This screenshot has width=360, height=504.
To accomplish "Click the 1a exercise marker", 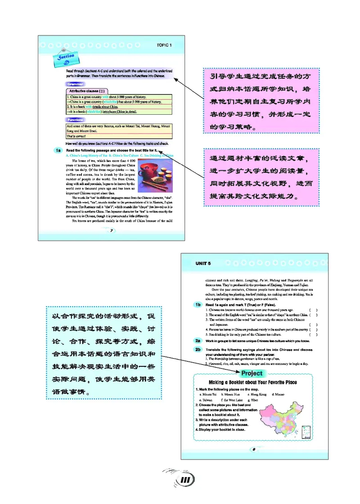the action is pos(58,150).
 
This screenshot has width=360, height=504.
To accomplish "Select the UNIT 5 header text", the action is pos(203,263).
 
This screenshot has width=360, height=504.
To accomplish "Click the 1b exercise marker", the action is pos(198,305).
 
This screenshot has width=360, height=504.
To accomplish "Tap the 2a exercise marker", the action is pos(198,341).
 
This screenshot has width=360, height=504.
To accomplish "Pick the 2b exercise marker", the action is pos(198,349).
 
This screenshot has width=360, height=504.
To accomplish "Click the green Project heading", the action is pos(252,373).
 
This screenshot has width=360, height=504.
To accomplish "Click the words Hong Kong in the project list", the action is pos(257,394).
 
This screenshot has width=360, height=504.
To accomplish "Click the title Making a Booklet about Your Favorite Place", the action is pos(253,382).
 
